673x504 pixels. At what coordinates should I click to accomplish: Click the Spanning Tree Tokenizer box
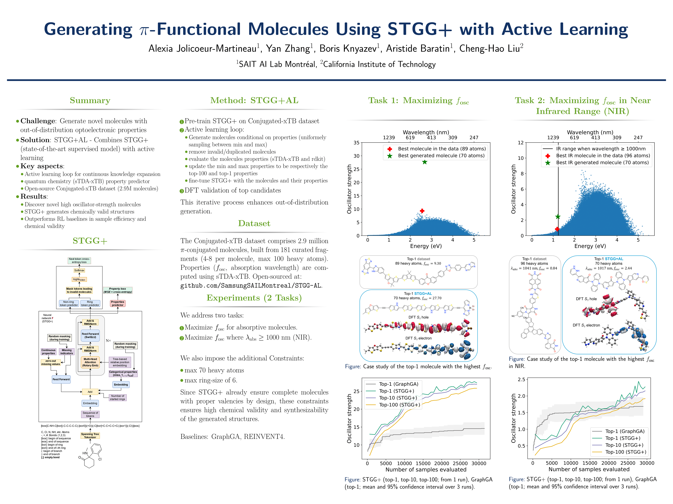[x=90, y=436]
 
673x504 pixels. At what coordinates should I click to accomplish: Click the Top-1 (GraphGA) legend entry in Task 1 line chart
[x=399, y=384]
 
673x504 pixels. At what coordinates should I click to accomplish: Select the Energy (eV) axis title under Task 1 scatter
[x=426, y=246]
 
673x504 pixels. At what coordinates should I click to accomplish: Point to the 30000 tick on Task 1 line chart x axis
[x=479, y=463]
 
